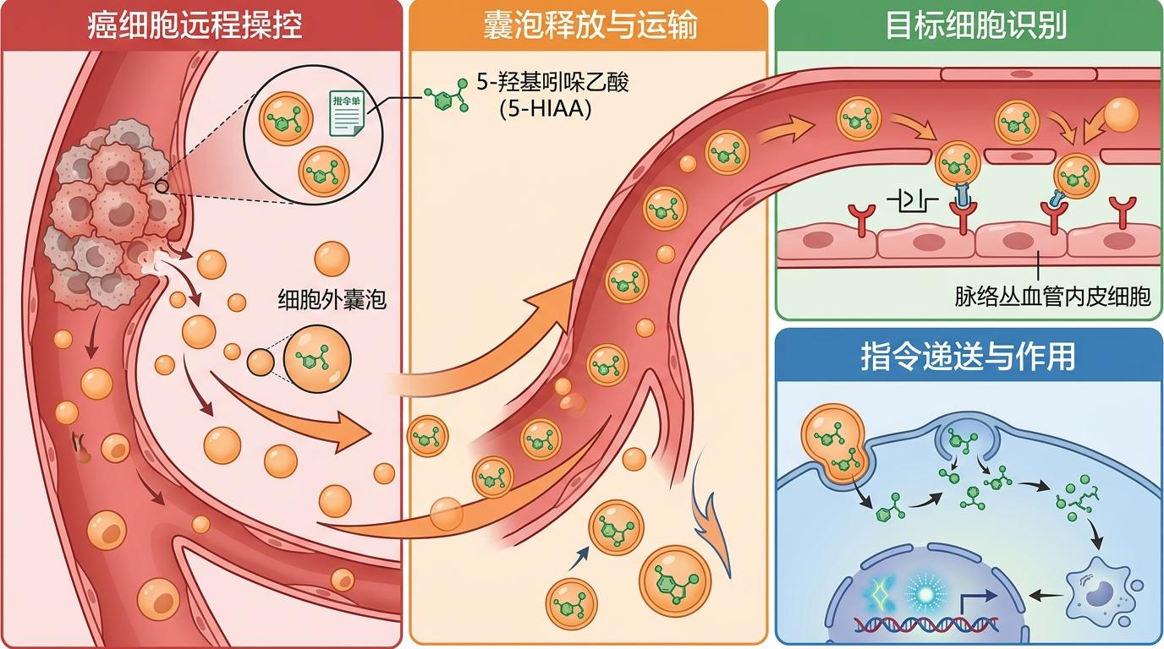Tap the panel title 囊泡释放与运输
pos(590,25)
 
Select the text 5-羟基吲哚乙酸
pos(553,83)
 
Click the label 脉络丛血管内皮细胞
pos(1052,297)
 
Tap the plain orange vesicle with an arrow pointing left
pos(1122,114)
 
